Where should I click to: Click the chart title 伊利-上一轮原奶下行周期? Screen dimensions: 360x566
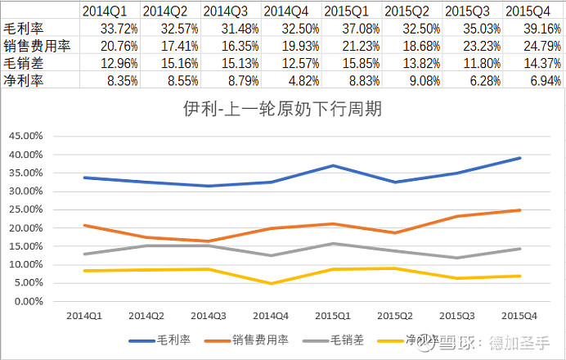(283, 108)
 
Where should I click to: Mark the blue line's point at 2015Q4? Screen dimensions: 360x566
(520, 158)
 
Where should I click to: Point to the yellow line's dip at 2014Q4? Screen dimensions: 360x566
(272, 284)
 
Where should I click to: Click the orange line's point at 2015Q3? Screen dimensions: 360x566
(458, 216)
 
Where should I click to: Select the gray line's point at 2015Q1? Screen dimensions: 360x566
(334, 243)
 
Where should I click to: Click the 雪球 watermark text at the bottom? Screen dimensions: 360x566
(462, 342)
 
